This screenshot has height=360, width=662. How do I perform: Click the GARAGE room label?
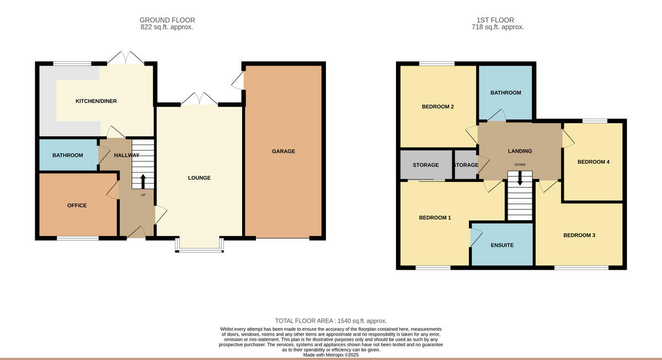pyautogui.click(x=283, y=151)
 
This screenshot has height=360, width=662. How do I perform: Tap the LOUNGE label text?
pyautogui.click(x=199, y=178)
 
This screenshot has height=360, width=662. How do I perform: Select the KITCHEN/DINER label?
pyautogui.click(x=96, y=101)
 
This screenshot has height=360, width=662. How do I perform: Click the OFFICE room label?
pyautogui.click(x=77, y=205)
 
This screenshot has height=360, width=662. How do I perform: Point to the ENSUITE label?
pyautogui.click(x=502, y=245)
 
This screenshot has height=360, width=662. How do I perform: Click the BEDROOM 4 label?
pyautogui.click(x=593, y=162)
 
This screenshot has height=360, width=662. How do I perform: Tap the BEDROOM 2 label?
pyautogui.click(x=437, y=106)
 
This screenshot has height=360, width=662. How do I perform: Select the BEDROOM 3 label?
pyautogui.click(x=579, y=235)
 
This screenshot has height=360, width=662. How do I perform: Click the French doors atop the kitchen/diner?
pyautogui.click(x=127, y=57)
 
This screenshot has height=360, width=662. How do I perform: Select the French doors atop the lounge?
pyautogui.click(x=199, y=99)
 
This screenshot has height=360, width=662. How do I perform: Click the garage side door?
pyautogui.click(x=238, y=82)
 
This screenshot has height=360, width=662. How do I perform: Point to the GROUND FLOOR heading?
pyautogui.click(x=167, y=20)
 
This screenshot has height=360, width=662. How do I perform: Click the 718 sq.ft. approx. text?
pyautogui.click(x=498, y=27)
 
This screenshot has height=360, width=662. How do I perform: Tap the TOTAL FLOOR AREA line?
pyautogui.click(x=331, y=321)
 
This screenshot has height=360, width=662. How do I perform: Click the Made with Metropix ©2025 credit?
pyautogui.click(x=331, y=356)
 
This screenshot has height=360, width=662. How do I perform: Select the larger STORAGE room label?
pyautogui.click(x=425, y=165)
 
